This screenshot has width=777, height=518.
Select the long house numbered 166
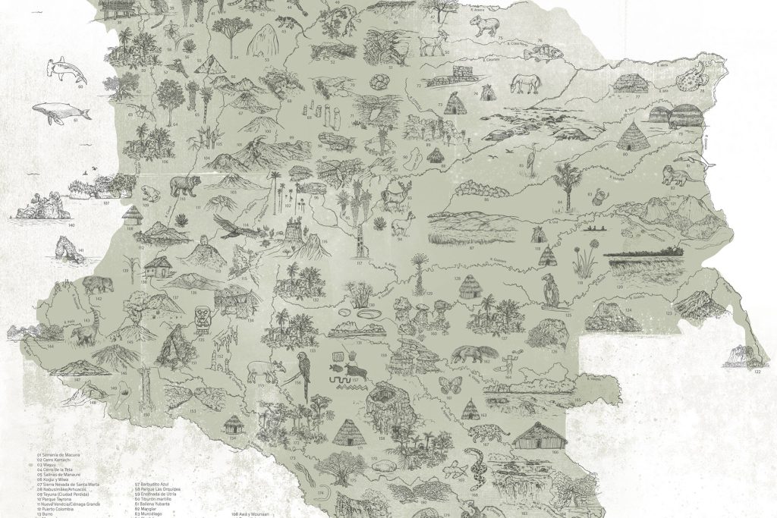click(x=539, y=437)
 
